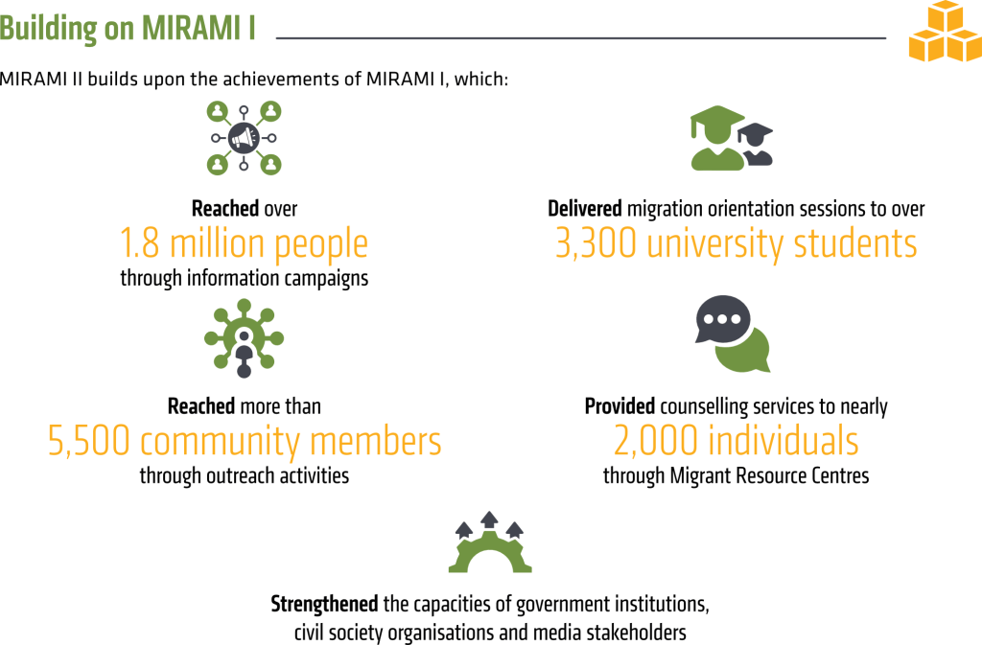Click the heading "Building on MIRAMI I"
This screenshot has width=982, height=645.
128,29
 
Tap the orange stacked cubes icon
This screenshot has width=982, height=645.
945,32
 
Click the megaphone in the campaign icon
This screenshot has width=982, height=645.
244,138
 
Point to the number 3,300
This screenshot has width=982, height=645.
596,243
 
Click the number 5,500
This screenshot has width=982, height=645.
88,441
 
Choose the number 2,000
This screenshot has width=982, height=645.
655,441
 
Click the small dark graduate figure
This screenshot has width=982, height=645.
757,145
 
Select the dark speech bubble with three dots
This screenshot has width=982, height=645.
723,319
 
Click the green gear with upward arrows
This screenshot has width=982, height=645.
490,542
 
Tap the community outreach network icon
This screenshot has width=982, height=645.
245,338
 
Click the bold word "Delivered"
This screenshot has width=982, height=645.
585,208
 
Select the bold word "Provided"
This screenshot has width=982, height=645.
620,406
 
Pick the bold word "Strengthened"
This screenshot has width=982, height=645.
324,605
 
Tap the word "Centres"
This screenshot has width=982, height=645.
840,476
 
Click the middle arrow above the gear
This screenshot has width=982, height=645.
489,520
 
